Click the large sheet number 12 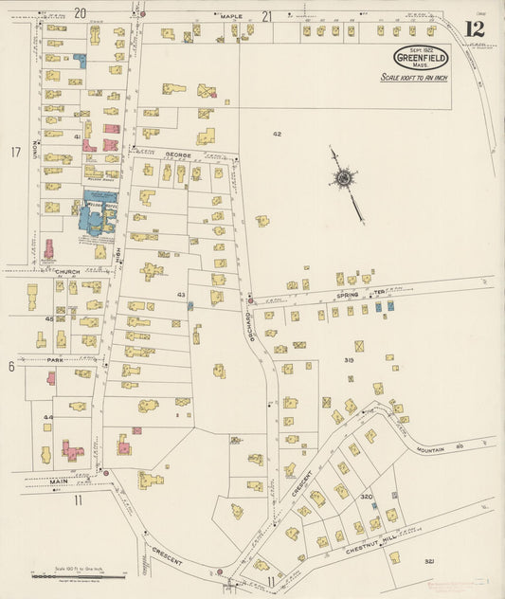click(x=474, y=28)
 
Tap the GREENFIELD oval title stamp click(x=421, y=58)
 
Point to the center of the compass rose click(x=345, y=176)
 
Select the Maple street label click(x=231, y=16)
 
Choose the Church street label click(x=66, y=271)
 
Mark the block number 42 click(x=277, y=135)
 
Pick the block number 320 click(x=366, y=496)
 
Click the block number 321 click(x=429, y=561)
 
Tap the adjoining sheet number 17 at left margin click(x=15, y=152)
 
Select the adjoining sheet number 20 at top click(x=80, y=12)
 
